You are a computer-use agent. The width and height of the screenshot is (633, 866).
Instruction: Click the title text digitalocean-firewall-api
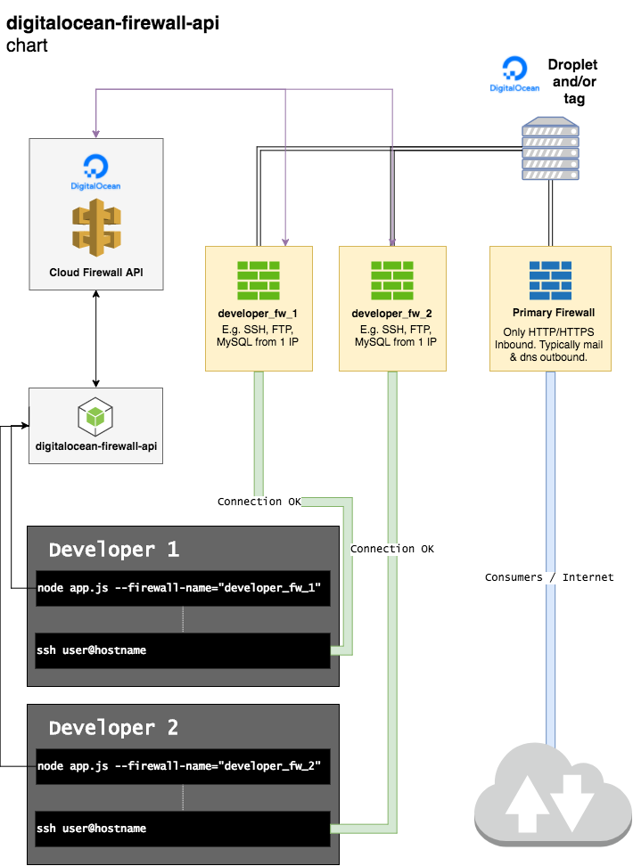click(112, 22)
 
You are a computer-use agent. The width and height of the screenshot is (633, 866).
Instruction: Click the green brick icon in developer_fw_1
click(259, 281)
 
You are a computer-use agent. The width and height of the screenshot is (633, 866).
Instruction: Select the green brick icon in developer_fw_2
click(392, 281)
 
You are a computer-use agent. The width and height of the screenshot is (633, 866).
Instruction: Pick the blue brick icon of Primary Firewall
click(551, 281)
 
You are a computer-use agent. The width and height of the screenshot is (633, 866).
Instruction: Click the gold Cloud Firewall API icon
click(95, 225)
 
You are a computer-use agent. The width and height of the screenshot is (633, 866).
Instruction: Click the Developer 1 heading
click(114, 550)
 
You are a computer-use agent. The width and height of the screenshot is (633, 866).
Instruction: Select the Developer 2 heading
click(114, 728)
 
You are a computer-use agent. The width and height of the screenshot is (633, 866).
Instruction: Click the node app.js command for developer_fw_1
click(178, 589)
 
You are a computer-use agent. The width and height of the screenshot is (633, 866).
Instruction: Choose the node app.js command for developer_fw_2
click(178, 766)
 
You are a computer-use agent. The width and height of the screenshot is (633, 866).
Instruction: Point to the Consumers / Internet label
click(549, 577)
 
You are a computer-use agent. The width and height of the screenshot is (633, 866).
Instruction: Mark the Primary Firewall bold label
click(554, 314)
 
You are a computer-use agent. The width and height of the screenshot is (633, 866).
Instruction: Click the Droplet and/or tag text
click(573, 81)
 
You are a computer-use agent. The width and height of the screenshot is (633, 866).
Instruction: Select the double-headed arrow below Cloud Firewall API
click(95, 339)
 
